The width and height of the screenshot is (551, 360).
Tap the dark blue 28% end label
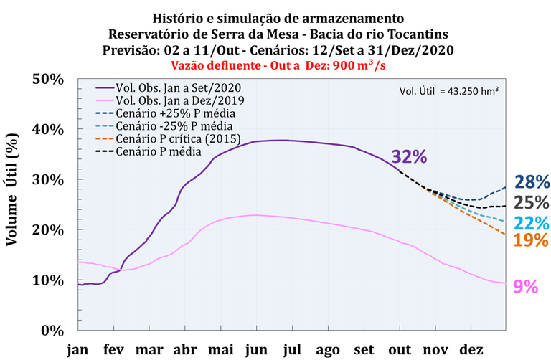pyautogui.click(x=532, y=183)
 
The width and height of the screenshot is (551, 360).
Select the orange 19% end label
pyautogui.click(x=532, y=240)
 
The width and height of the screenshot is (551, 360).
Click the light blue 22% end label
pyautogui.click(x=532, y=222)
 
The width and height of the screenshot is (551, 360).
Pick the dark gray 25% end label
pyautogui.click(x=532, y=202)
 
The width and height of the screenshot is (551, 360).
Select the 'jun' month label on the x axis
pyautogui.click(x=257, y=350)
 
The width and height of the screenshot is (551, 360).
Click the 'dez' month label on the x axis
pyautogui.click(x=471, y=350)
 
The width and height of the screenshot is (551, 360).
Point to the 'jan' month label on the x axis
pyautogui.click(x=78, y=350)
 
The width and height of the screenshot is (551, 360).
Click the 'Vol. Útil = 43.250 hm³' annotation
pyautogui.click(x=448, y=91)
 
